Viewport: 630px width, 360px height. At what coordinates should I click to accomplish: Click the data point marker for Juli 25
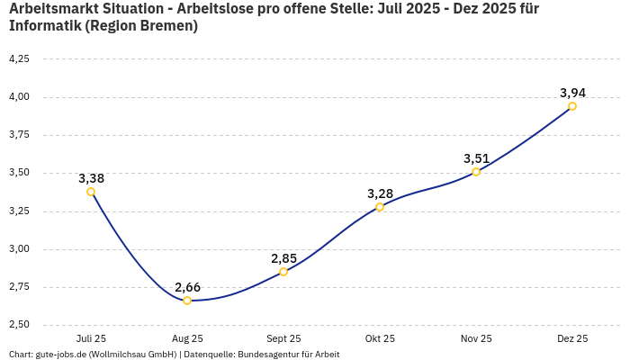tap(91, 192)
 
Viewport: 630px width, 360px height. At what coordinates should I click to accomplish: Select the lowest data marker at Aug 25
tap(187, 301)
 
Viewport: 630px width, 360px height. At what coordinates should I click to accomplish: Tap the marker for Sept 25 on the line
tap(283, 272)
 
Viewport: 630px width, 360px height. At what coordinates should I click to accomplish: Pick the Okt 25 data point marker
tap(380, 207)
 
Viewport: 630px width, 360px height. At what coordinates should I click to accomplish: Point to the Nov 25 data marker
tap(476, 172)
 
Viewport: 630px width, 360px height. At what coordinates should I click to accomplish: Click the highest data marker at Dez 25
tap(572, 106)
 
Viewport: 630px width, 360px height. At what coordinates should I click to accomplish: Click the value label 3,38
tap(91, 178)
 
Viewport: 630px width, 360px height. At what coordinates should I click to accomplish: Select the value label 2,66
tap(187, 287)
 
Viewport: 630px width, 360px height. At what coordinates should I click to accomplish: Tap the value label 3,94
tap(572, 93)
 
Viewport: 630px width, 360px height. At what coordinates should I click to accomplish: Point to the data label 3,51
tap(476, 158)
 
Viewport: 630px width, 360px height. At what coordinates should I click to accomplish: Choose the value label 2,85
tap(283, 258)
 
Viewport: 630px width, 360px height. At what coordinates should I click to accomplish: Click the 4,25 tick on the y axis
tap(19, 58)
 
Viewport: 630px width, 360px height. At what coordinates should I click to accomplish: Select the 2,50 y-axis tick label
tap(19, 325)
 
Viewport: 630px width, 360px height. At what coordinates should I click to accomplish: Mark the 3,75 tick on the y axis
tap(19, 135)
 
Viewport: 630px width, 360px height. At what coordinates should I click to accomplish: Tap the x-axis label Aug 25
tap(187, 339)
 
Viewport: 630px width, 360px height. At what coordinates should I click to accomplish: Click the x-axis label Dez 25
tap(572, 339)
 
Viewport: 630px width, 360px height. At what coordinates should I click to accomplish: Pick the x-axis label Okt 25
tap(380, 339)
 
